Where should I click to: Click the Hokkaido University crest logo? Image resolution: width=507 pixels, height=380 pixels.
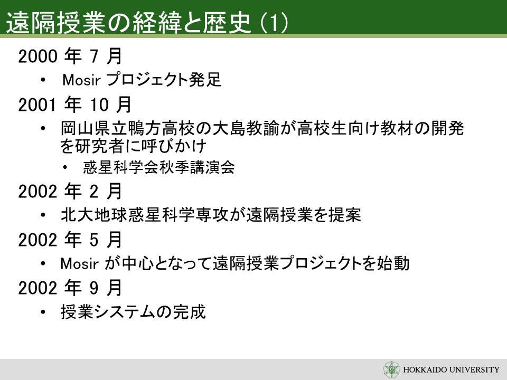point(391,369)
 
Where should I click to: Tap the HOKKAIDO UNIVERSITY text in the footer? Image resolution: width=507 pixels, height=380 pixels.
point(451,369)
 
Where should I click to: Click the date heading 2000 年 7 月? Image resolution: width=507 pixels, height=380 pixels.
point(70,56)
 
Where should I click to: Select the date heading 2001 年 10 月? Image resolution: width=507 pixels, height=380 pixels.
point(74,104)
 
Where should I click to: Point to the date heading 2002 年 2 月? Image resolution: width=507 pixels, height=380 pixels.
point(70,191)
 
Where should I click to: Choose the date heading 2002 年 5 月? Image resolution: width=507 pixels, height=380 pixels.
point(70,240)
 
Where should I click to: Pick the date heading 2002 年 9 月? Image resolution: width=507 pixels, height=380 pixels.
point(70,288)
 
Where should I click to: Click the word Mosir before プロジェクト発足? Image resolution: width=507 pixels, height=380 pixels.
point(81,80)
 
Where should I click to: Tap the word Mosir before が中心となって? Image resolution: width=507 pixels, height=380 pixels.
point(80,263)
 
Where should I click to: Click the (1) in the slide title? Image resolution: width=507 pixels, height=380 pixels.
point(274,23)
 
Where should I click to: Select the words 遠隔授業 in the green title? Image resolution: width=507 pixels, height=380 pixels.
point(57,23)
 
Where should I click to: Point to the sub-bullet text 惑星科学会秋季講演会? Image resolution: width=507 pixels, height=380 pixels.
point(159,167)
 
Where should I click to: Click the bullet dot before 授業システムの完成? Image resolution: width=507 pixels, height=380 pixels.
point(43,312)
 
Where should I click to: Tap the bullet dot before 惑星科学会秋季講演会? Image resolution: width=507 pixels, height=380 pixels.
point(65,167)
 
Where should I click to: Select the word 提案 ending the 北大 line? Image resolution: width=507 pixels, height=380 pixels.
point(345,215)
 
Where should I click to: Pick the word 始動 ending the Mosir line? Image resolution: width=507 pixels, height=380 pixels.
point(393,263)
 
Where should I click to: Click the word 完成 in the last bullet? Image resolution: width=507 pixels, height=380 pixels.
point(190,312)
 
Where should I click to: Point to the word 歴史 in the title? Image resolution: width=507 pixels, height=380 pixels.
point(227,23)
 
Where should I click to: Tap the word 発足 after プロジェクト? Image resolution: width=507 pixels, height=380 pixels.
point(205,80)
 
